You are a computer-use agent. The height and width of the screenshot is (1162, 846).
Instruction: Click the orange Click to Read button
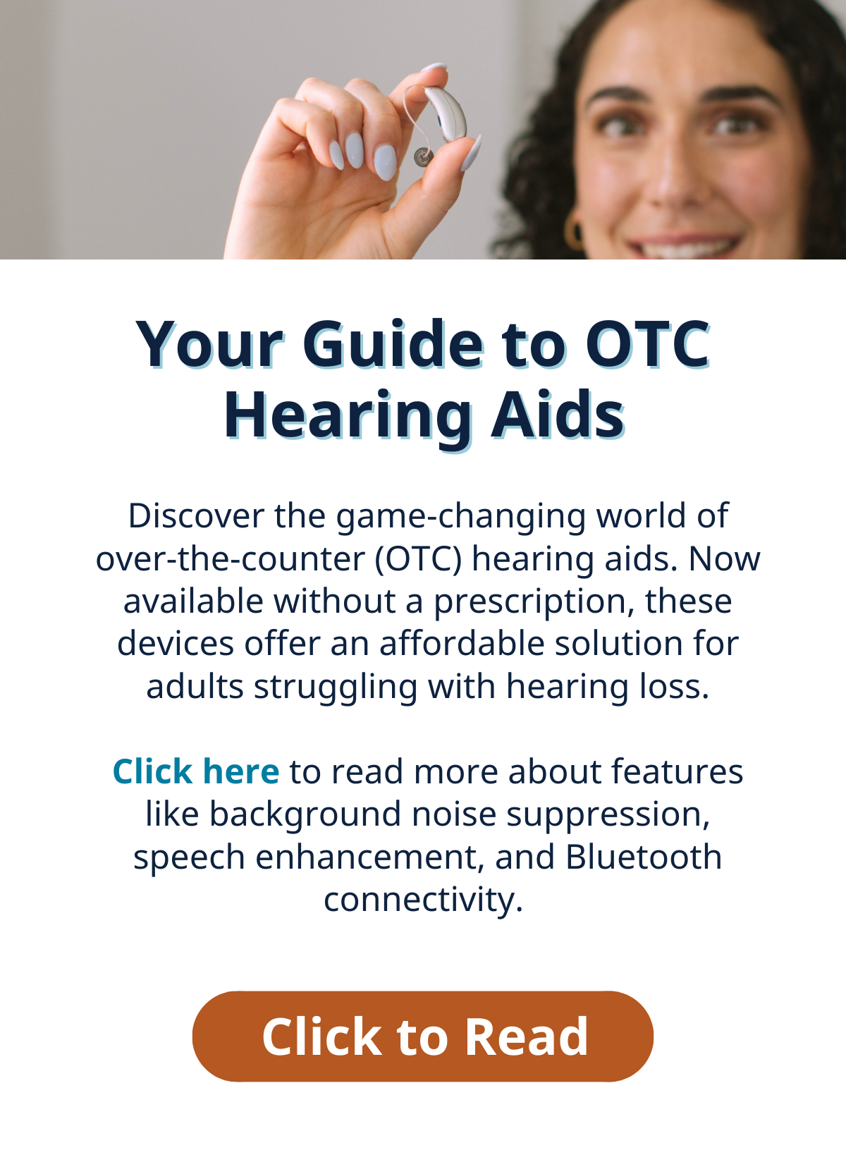423,1036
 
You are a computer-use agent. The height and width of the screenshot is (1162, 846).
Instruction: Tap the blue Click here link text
196,771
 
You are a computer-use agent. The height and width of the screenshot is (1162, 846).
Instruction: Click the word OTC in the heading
648,345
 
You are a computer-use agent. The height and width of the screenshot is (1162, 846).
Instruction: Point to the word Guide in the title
393,344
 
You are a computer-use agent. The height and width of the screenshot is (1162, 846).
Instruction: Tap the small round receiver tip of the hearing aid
422,156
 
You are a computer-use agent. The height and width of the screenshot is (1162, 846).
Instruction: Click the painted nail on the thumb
472,152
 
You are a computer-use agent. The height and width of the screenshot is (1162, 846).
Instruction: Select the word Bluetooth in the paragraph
643,857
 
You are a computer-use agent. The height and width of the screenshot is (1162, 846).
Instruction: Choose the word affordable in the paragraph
462,644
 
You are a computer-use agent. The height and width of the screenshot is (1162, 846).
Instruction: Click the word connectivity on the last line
423,900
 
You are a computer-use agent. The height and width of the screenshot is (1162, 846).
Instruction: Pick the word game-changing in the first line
460,518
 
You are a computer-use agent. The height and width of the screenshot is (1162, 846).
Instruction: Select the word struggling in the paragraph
335,688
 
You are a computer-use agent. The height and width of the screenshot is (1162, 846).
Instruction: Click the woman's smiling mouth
684,246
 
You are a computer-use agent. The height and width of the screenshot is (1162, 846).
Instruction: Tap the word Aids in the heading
558,415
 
